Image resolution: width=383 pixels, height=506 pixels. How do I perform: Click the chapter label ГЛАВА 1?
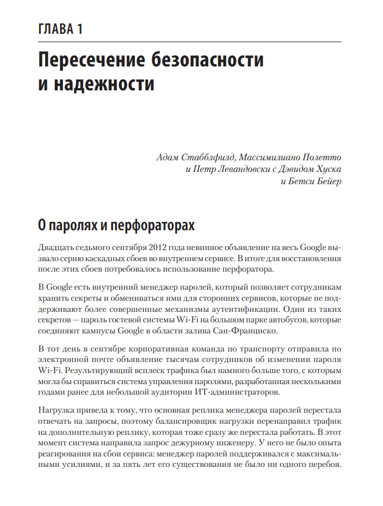(x=60, y=29)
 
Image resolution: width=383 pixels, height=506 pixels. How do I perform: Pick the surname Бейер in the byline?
(x=326, y=181)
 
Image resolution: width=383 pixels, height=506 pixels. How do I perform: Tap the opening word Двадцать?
(x=57, y=247)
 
